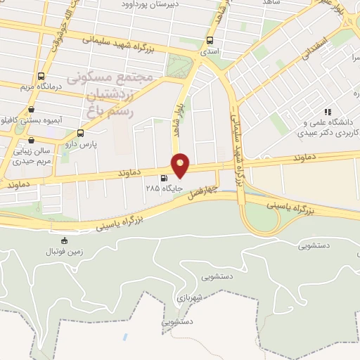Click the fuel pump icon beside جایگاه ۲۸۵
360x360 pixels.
click(164, 179)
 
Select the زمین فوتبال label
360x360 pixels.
click(64, 251)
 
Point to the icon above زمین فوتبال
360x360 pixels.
click(65, 240)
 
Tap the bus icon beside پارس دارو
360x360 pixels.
click(80, 132)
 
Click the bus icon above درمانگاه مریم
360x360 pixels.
click(41, 76)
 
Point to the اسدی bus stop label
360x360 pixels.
click(210, 52)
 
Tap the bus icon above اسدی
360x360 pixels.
click(210, 41)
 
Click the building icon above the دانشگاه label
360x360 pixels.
click(327, 112)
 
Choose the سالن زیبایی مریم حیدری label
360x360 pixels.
click(32, 156)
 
